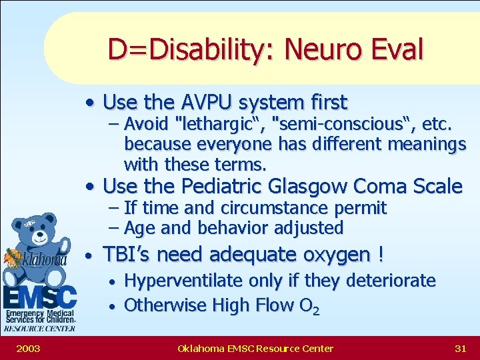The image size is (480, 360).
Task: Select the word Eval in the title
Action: (x=398, y=49)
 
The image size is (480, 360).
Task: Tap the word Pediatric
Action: (x=223, y=186)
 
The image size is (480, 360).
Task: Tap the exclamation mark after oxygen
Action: (x=380, y=255)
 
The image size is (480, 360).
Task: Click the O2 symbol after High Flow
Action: (x=309, y=306)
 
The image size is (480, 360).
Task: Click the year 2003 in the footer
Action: (x=28, y=348)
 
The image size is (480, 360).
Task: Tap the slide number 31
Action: (x=459, y=348)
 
